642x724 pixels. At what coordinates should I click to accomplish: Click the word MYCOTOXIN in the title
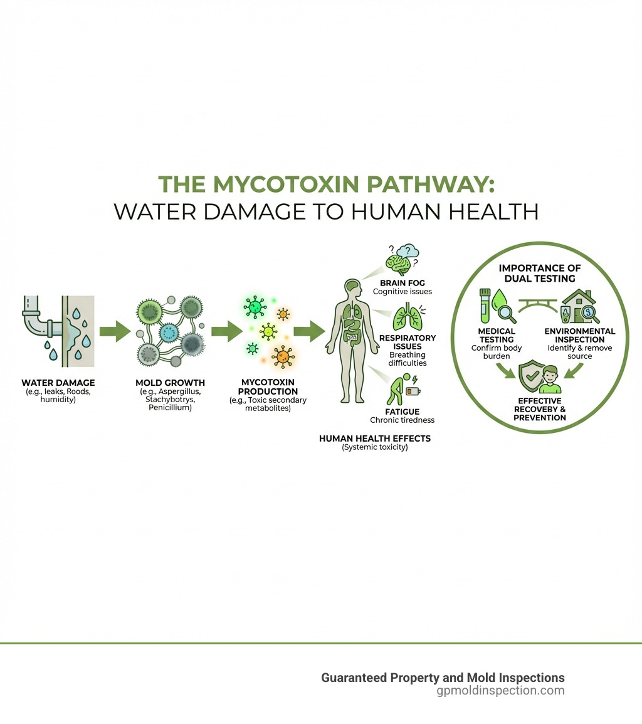286,184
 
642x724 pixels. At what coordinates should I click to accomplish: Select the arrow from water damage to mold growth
115,331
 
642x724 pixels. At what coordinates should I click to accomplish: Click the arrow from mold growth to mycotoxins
227,331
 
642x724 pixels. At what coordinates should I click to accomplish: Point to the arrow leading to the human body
309,331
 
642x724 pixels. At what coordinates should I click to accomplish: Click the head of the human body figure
352,289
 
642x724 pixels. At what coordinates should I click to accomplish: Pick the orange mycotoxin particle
283,356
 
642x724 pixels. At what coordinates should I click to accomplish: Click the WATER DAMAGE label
58,383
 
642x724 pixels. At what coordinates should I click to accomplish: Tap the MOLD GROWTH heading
171,383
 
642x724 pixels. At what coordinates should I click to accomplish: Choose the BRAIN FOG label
403,283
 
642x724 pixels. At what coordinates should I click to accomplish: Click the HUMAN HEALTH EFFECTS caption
375,439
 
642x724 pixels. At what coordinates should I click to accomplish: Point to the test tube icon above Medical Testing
485,306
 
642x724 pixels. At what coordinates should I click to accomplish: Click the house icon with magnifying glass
580,306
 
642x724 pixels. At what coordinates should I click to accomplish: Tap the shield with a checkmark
532,376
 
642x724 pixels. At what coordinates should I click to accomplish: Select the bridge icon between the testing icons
538,306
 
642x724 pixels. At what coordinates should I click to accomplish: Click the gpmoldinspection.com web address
500,690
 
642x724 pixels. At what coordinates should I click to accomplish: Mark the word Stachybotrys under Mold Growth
171,400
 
